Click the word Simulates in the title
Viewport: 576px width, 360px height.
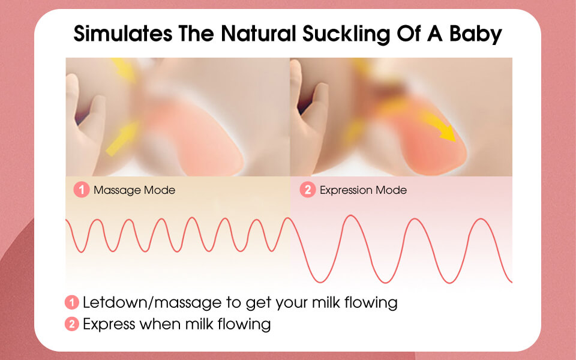click(122, 34)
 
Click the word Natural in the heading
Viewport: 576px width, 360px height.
click(258, 34)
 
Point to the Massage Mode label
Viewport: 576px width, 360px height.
click(134, 190)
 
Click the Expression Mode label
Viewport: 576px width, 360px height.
click(364, 190)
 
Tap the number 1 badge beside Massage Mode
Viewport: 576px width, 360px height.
click(82, 190)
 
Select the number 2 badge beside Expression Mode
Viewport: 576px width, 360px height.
click(308, 190)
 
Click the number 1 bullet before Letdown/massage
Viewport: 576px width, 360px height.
click(72, 302)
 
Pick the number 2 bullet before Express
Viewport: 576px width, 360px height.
click(72, 324)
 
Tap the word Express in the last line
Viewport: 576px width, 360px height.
click(109, 325)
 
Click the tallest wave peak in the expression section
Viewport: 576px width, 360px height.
click(351, 216)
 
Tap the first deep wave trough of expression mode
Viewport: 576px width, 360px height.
click(320, 281)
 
